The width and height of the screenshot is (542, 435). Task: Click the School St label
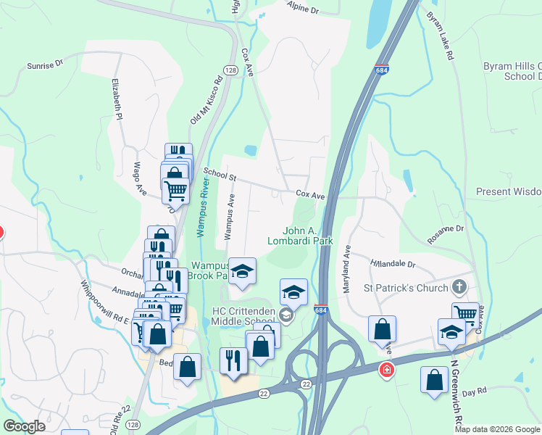[220, 174]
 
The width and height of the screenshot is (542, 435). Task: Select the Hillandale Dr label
[393, 265]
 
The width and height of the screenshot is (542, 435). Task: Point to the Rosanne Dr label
[445, 228]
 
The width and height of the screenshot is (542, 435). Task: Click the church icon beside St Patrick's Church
[458, 288]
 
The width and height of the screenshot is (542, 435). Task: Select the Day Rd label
[473, 391]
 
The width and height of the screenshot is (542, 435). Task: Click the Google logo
[24, 426]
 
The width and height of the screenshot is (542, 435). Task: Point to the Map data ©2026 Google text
[497, 429]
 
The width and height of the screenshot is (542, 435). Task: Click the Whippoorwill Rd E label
[104, 305]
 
